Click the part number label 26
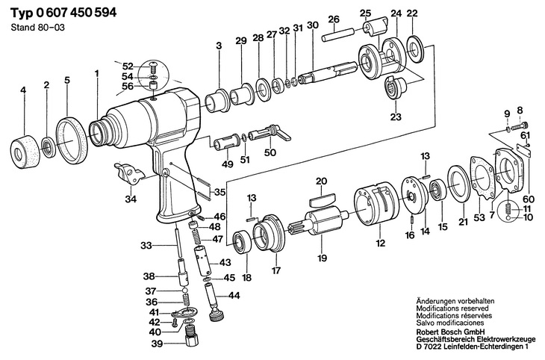coord(333,19)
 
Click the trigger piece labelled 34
coord(128,174)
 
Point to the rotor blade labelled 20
coord(322,201)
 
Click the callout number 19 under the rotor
coord(322,258)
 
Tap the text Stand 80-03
coord(37,28)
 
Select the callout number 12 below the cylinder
coord(381,243)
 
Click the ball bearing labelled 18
coord(242,241)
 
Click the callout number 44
coord(234,296)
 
